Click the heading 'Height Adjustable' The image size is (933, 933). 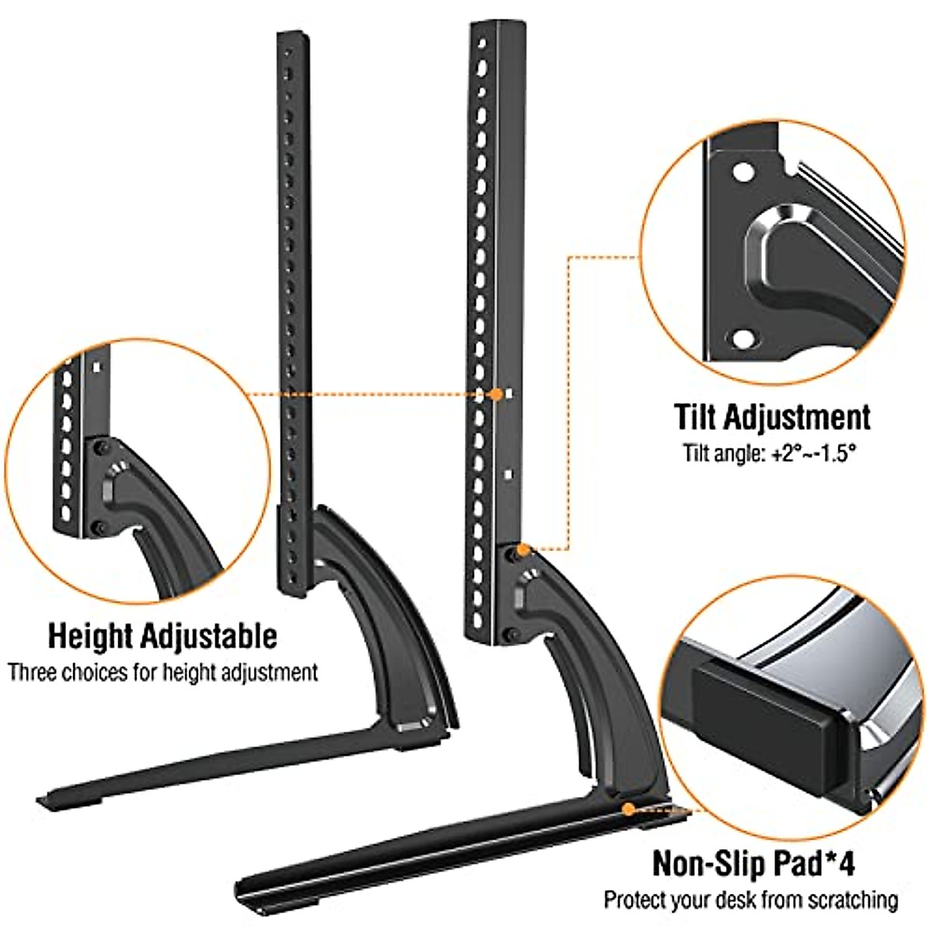coord(162,636)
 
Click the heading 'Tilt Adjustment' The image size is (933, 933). coord(772,417)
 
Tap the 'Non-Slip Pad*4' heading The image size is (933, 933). coord(753,863)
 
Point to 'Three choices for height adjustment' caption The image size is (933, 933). coord(162,673)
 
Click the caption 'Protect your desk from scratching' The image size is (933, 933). coord(751,900)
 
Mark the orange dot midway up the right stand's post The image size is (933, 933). coord(496,394)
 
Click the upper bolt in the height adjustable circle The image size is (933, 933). coord(100,449)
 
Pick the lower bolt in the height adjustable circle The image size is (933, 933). coord(98,529)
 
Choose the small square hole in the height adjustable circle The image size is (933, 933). coord(97,365)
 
